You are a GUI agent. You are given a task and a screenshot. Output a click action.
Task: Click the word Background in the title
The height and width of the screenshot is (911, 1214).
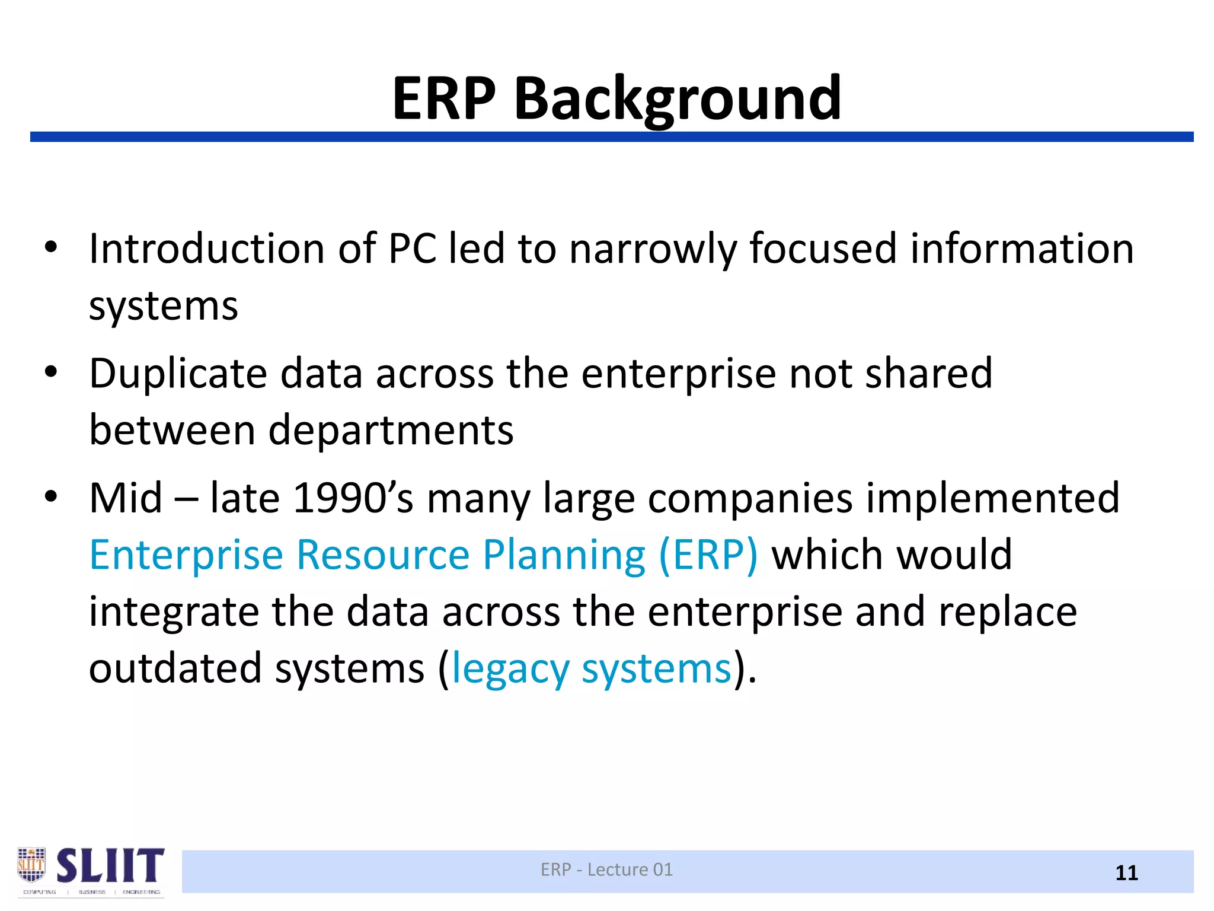click(x=677, y=99)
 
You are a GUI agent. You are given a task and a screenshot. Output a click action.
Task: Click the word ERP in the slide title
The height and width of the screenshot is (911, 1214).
click(x=444, y=99)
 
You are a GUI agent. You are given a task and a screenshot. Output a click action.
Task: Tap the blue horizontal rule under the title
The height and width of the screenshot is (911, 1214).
click(x=612, y=137)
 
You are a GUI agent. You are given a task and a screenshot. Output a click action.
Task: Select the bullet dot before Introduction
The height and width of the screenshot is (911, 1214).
click(x=51, y=247)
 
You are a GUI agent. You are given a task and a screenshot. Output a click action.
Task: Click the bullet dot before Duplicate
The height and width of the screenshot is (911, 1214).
click(x=51, y=372)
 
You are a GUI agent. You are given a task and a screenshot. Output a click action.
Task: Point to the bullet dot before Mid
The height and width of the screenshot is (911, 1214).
click(x=51, y=497)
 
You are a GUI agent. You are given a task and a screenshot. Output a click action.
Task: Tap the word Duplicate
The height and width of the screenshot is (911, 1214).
click(x=178, y=374)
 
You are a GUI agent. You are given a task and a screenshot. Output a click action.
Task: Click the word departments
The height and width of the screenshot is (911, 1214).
click(x=391, y=430)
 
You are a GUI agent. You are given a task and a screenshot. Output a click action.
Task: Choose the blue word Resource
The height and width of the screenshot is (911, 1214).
click(x=383, y=555)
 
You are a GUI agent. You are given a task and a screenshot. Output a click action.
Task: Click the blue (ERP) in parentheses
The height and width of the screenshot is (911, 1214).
click(x=708, y=555)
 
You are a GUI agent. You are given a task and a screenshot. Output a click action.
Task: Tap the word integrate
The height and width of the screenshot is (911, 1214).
click(x=174, y=612)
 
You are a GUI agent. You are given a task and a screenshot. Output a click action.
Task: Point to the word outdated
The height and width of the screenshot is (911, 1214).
click(x=175, y=668)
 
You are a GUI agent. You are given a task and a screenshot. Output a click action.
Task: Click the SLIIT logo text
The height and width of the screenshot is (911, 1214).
click(x=110, y=865)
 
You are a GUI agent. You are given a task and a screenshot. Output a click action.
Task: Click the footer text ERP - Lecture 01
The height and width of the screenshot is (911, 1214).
click(x=606, y=869)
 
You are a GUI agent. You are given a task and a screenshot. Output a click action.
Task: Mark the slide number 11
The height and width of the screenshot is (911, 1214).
click(x=1126, y=873)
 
